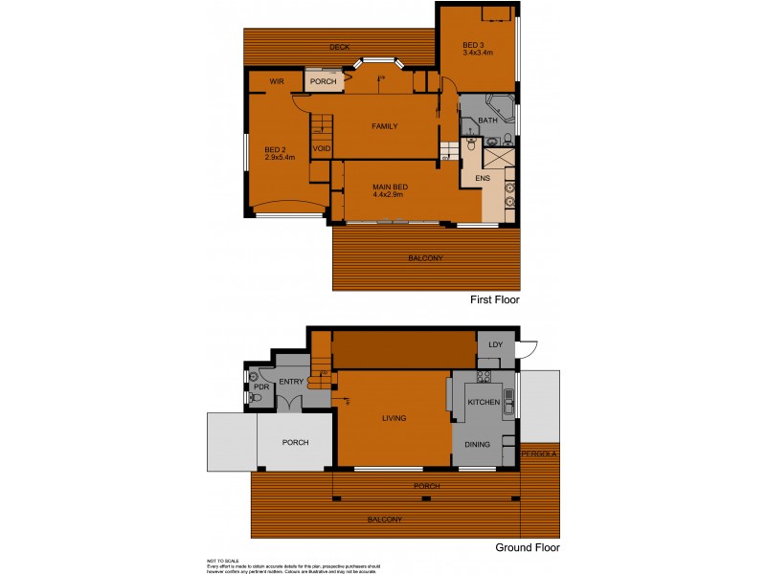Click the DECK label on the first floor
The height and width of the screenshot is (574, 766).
click(339, 46)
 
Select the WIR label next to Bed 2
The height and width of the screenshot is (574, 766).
click(278, 81)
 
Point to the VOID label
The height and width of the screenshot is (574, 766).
click(322, 148)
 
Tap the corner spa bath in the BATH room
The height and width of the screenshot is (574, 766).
click(499, 106)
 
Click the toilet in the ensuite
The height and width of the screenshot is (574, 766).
click(470, 146)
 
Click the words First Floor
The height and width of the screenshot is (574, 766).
click(493, 299)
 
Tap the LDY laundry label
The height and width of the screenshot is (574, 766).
click(495, 344)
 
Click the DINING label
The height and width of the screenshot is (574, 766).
click(477, 444)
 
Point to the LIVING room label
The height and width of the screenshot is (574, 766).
click(393, 418)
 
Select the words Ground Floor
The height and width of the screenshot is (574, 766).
click(527, 548)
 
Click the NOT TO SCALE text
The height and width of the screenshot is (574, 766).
click(222, 561)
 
